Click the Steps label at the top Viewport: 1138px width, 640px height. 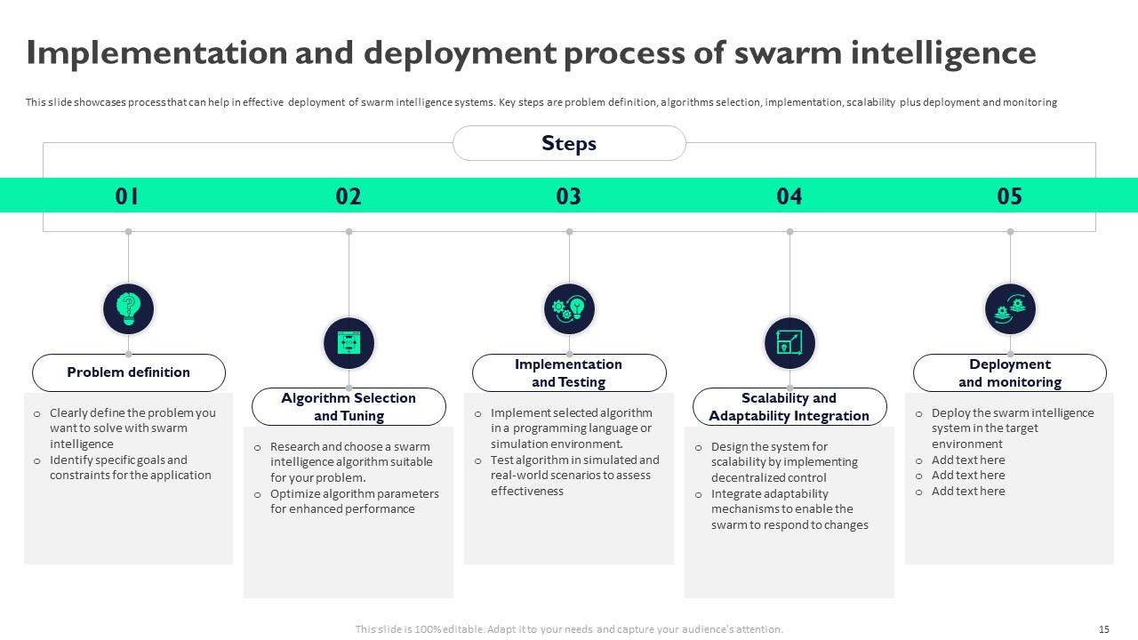coord(569,143)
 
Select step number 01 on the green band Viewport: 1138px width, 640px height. coord(128,196)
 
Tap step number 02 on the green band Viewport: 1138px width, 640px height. coord(349,196)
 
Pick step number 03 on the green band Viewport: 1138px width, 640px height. coord(569,196)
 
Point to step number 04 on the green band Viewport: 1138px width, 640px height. coord(789,196)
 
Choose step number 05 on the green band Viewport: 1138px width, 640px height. coord(1010,196)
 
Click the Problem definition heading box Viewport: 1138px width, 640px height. coord(129,372)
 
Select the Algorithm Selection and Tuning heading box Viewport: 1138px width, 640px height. coord(349,407)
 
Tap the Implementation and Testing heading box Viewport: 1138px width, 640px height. coord(569,373)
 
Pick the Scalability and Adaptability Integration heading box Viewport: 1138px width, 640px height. coord(789,407)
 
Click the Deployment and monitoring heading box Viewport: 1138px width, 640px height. coord(1010,373)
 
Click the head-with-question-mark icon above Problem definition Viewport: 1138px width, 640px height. coord(129,309)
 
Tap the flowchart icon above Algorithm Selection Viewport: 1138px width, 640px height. coord(349,343)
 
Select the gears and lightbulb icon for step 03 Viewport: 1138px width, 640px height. coord(569,309)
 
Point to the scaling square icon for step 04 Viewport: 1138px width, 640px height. coord(789,343)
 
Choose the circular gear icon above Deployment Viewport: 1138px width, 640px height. coord(1010,309)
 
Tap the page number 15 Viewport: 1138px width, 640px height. coord(1104,629)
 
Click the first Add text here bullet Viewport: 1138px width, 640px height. coord(968,460)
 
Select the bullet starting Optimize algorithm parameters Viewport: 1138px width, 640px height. coord(354,501)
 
